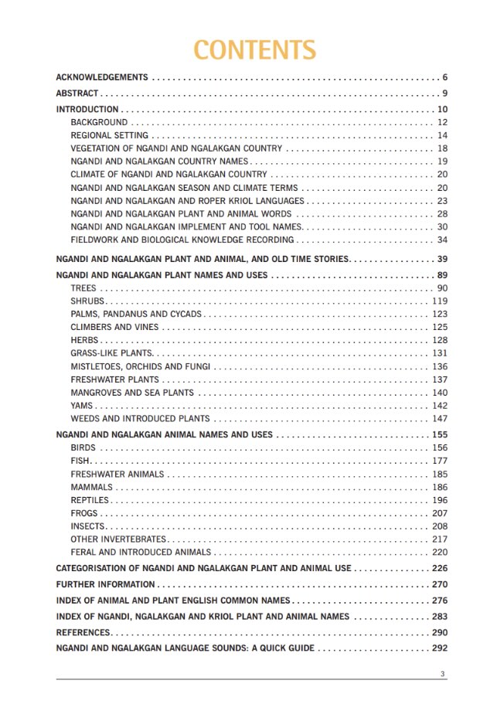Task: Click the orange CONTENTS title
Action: point(254,49)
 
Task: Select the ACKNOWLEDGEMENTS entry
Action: point(102,77)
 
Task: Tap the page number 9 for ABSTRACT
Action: point(445,94)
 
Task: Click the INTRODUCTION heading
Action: point(87,110)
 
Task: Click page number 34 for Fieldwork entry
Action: point(443,240)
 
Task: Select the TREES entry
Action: point(83,288)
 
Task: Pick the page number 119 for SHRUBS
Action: point(440,301)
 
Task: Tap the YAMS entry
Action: point(81,406)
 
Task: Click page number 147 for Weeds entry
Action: point(440,419)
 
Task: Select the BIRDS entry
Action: point(83,448)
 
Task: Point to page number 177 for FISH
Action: point(440,461)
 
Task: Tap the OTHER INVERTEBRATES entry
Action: point(118,540)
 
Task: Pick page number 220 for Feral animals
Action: point(440,553)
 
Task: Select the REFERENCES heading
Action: point(83,632)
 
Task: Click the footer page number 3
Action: point(443,674)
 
